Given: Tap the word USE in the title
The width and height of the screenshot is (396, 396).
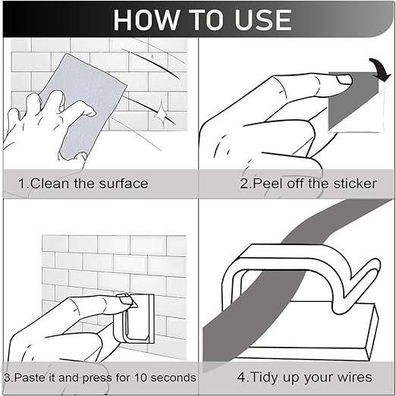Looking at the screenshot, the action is click(263, 20).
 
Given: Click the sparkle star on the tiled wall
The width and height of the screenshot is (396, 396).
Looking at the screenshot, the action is click(161, 114).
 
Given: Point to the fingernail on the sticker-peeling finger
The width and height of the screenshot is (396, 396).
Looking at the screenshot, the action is click(344, 80).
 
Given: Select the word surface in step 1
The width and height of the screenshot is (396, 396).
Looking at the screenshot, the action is click(124, 184).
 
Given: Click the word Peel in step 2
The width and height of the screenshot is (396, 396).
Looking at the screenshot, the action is click(267, 184).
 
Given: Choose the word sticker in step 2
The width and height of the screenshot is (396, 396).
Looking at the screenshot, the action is click(355, 184).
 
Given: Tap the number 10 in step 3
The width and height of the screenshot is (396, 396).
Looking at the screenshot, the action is click(140, 378).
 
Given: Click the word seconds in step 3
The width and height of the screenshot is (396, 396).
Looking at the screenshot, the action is click(173, 378).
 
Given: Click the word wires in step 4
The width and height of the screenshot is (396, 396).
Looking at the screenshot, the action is click(356, 377).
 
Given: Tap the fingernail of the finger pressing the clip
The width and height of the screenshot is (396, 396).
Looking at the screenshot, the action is click(126, 299).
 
